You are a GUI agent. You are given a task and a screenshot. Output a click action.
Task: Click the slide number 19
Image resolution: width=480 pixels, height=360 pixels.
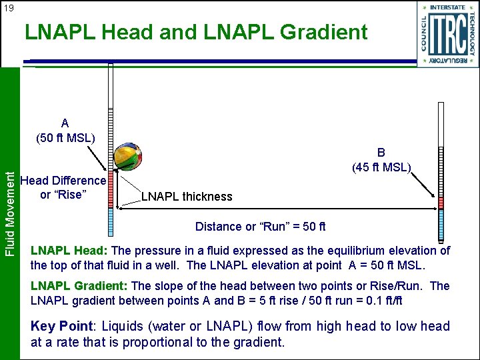[8, 8]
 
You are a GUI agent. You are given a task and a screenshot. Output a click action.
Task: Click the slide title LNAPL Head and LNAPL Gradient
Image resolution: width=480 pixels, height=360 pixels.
[196, 31]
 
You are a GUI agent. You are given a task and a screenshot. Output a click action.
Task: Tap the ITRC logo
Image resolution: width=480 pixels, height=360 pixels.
[448, 33]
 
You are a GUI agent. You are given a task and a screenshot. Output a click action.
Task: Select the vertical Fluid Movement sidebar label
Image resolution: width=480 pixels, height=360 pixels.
[9, 212]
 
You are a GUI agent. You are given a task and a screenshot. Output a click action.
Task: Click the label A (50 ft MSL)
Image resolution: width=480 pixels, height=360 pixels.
[65, 131]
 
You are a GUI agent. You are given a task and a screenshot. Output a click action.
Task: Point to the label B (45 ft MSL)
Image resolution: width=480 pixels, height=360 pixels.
[382, 159]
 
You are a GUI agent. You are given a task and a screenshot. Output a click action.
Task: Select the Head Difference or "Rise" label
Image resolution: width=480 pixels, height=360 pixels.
[63, 187]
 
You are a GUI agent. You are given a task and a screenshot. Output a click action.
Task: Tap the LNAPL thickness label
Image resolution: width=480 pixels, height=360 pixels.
[187, 197]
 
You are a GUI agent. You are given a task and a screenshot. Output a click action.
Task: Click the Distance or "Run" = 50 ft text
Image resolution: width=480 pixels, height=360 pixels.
[260, 227]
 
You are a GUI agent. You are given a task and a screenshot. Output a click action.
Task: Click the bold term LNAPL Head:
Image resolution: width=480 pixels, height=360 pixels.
[69, 251]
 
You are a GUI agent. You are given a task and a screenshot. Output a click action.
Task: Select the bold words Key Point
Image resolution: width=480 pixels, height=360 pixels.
[62, 327]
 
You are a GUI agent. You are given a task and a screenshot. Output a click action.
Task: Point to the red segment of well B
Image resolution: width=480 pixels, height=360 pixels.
[440, 201]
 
